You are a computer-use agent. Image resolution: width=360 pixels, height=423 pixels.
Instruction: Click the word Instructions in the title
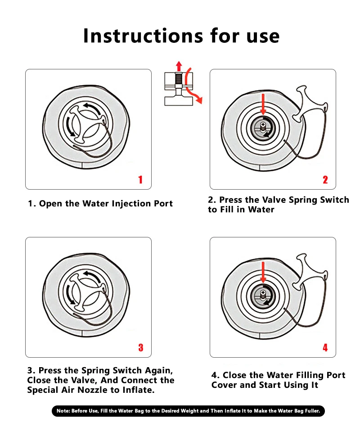point(143,36)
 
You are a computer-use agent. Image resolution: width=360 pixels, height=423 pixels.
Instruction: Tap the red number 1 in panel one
point(140,180)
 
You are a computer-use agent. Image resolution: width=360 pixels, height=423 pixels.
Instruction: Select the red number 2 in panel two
point(325,180)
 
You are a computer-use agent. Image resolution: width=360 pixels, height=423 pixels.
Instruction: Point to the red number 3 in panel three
point(141,347)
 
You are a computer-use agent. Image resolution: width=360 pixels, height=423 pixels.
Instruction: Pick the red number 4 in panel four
point(325,347)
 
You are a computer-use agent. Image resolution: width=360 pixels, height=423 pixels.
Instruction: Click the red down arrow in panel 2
point(263,104)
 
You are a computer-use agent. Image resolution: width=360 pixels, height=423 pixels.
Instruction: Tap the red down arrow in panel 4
point(263,272)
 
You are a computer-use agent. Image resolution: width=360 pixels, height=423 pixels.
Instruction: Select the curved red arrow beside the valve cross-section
point(193,86)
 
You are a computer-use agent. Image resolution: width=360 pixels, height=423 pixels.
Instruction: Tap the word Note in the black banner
point(63,411)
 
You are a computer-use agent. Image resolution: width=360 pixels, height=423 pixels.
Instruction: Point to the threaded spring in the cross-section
point(179,78)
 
